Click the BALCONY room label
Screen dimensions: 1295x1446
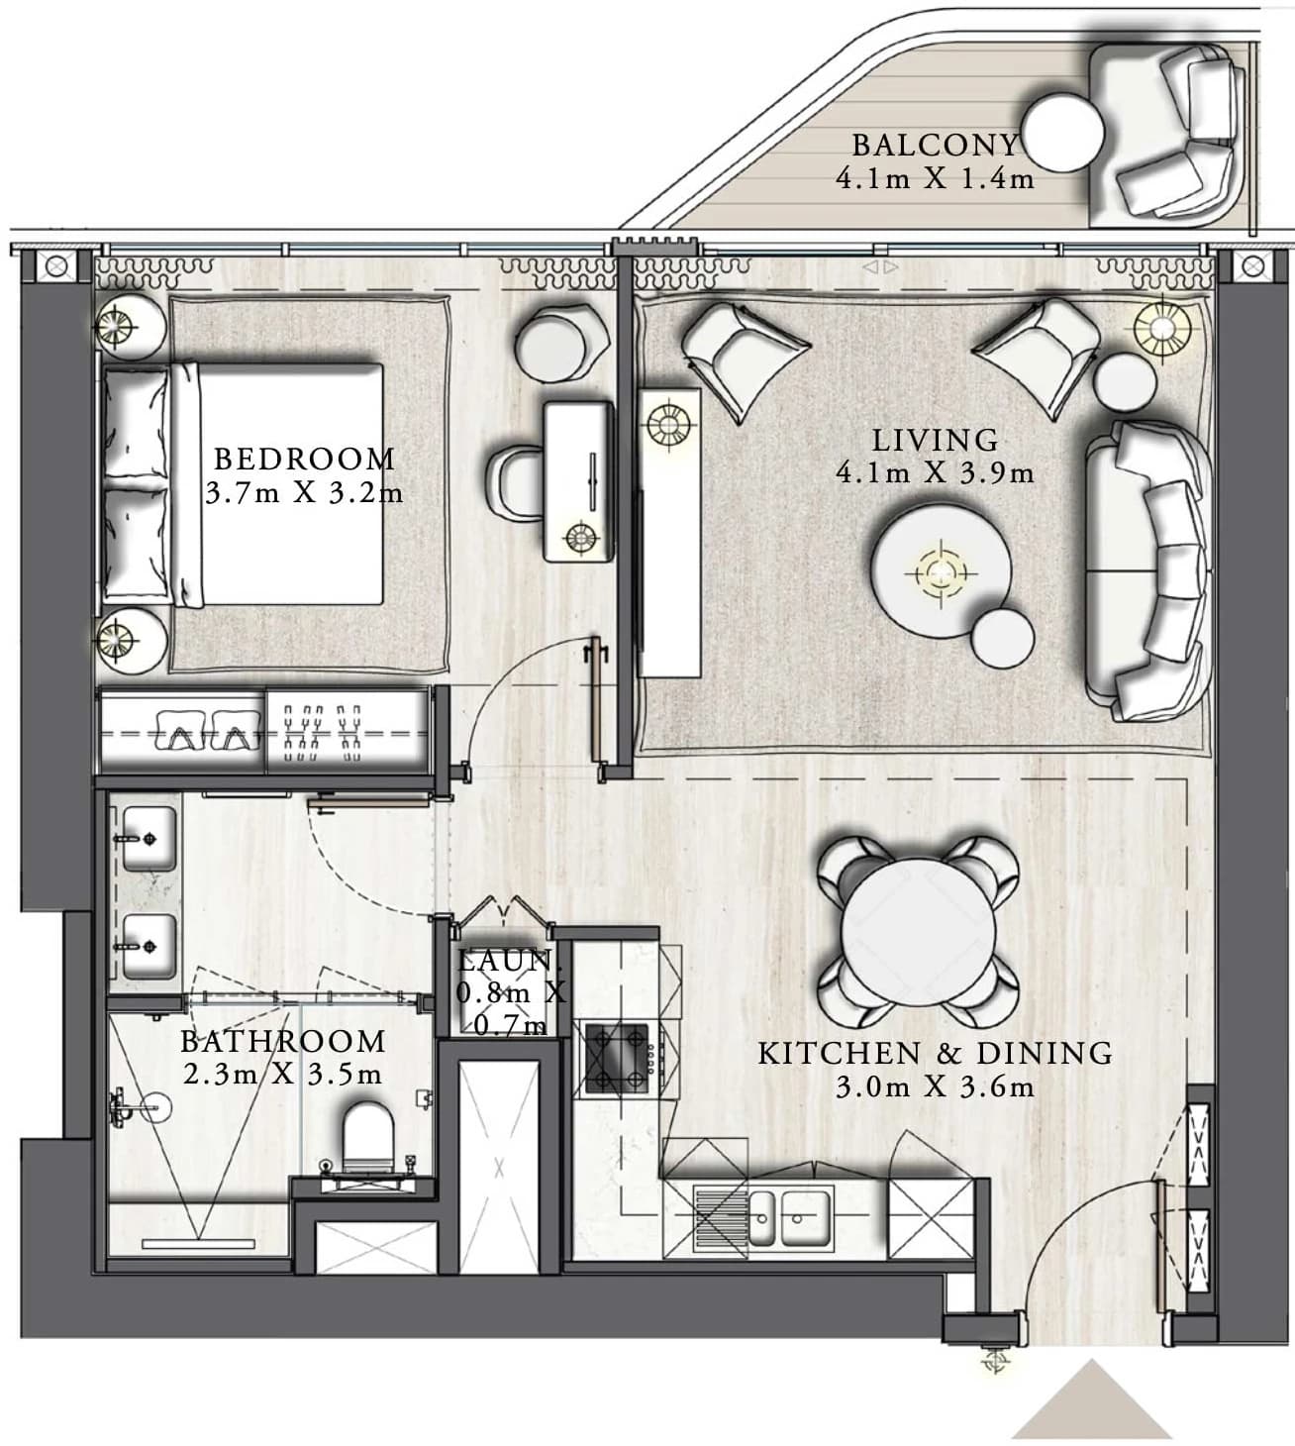[x=936, y=146]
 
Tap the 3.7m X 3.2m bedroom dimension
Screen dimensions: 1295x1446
[x=304, y=492]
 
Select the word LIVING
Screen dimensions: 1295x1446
[x=935, y=441]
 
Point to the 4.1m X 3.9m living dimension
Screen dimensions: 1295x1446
[x=935, y=472]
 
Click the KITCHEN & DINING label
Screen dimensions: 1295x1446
[x=935, y=1054]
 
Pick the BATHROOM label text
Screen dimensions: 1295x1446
[x=282, y=1041]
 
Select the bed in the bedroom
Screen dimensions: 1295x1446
[x=243, y=485]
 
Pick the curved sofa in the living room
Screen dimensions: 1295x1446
[x=1148, y=571]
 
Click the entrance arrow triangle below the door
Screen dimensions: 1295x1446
[x=1092, y=1399]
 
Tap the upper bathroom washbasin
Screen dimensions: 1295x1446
[x=149, y=839]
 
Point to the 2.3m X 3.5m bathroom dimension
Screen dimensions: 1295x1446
[x=282, y=1075]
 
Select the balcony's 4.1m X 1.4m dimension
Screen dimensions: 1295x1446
[x=935, y=178]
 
